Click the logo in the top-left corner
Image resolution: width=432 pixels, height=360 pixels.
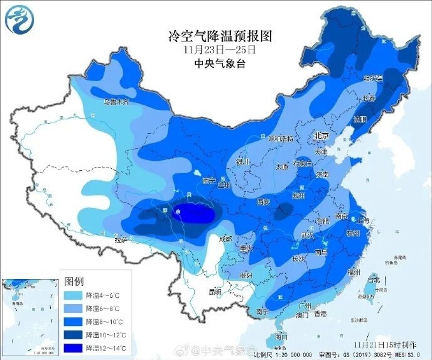[18, 19]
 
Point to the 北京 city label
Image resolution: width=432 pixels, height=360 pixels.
[322, 135]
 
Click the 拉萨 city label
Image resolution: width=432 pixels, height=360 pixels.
[121, 239]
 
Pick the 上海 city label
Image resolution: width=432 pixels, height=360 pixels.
[360, 219]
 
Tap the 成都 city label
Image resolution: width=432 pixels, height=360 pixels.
[224, 239]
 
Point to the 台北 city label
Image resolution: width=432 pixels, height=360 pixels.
[373, 278]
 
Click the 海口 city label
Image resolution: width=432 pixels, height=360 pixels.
[282, 337]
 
